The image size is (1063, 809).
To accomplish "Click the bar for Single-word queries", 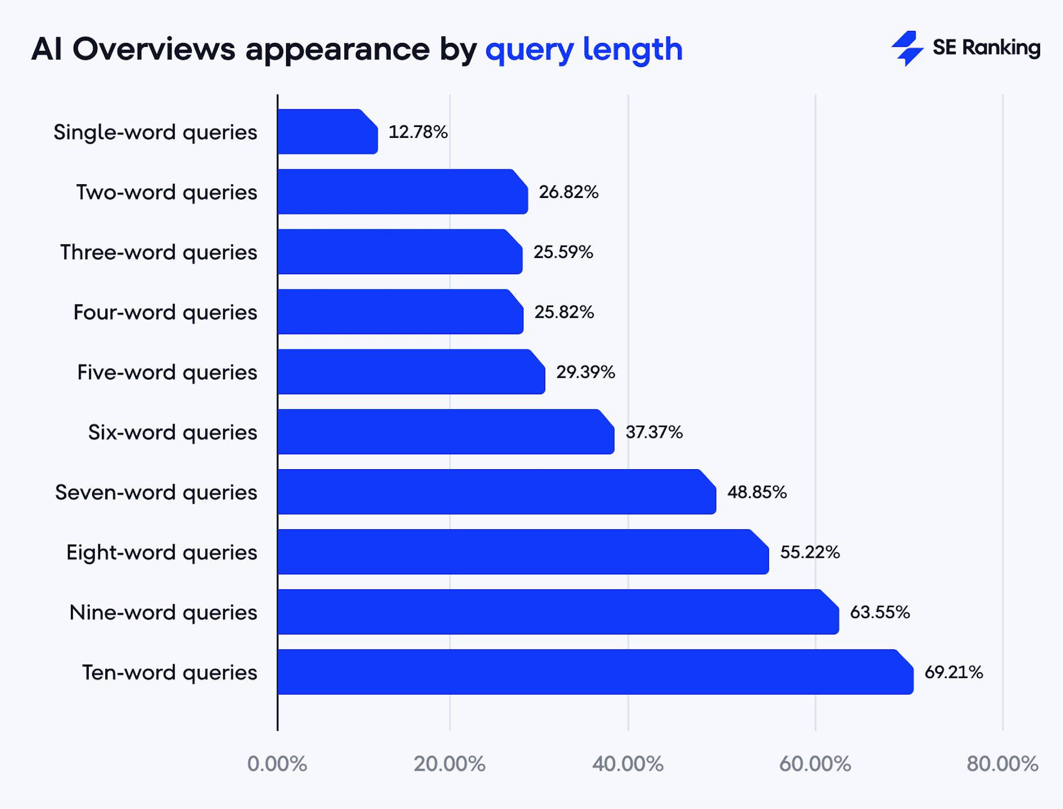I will click(327, 132).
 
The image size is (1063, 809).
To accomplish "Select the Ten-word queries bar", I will click(595, 672).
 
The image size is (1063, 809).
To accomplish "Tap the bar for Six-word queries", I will click(446, 432).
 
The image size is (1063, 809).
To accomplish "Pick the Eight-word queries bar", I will click(523, 552).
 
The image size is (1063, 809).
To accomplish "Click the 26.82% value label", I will click(568, 192).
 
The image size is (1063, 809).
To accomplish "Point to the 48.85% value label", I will click(756, 492).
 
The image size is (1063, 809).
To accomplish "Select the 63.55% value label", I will click(879, 612).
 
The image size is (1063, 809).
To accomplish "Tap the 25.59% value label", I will click(563, 252).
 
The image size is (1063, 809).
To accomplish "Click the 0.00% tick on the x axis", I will click(277, 764).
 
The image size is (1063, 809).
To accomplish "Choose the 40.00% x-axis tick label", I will click(628, 764).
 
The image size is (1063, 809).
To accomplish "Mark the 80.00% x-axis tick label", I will click(1002, 764).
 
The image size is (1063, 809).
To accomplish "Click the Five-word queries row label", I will click(167, 372).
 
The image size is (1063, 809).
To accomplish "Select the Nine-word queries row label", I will click(163, 613).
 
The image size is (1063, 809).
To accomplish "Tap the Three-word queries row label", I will click(158, 252).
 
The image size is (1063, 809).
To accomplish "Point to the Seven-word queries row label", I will click(156, 493).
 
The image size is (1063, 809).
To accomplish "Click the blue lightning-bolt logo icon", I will click(907, 48).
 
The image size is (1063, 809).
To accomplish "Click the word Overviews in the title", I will click(154, 49).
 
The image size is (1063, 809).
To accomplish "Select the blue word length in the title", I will click(632, 49).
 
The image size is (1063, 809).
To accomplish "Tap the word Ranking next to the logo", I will click(1001, 48).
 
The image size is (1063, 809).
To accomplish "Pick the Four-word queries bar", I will click(400, 312).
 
